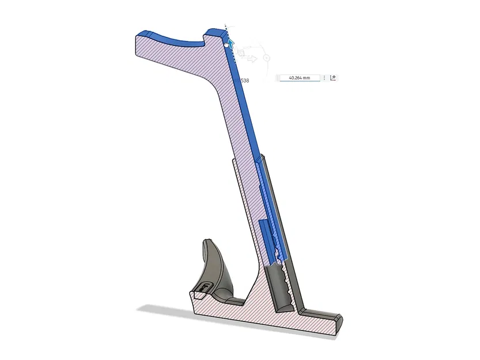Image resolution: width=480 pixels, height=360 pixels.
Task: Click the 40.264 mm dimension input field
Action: [x=299, y=77]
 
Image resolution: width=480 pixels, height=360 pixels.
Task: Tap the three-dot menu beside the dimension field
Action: [x=324, y=77]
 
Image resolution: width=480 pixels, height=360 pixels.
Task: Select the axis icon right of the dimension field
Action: [x=333, y=77]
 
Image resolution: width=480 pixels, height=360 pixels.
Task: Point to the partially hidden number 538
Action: [x=245, y=81]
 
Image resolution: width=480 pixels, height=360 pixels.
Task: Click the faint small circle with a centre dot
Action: [x=266, y=58]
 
